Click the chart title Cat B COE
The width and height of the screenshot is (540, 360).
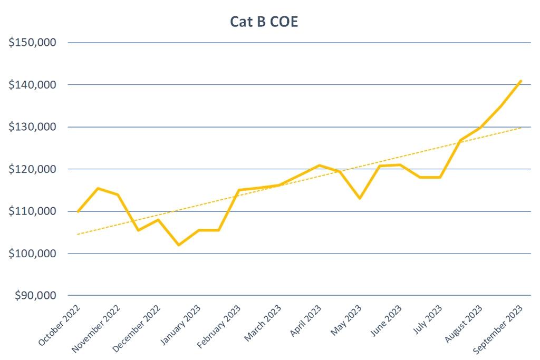click(x=264, y=22)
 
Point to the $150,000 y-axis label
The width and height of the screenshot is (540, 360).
click(x=33, y=43)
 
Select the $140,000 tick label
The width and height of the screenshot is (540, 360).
click(x=33, y=85)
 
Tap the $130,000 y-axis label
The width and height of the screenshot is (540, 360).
click(x=33, y=127)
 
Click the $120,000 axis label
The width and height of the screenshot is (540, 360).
click(x=33, y=169)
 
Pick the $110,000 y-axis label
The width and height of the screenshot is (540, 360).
click(x=33, y=211)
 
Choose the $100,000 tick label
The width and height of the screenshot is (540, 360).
click(x=33, y=254)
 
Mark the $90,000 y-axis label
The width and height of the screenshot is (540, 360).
click(x=35, y=296)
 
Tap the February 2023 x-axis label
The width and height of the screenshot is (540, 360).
click(x=218, y=327)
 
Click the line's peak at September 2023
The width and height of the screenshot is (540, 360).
click(x=521, y=81)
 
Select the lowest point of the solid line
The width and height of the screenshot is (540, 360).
click(x=179, y=245)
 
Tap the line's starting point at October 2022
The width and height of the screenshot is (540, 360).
click(x=78, y=211)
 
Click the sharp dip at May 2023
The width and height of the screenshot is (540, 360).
click(x=360, y=198)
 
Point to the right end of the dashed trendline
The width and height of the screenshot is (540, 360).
click(x=521, y=128)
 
